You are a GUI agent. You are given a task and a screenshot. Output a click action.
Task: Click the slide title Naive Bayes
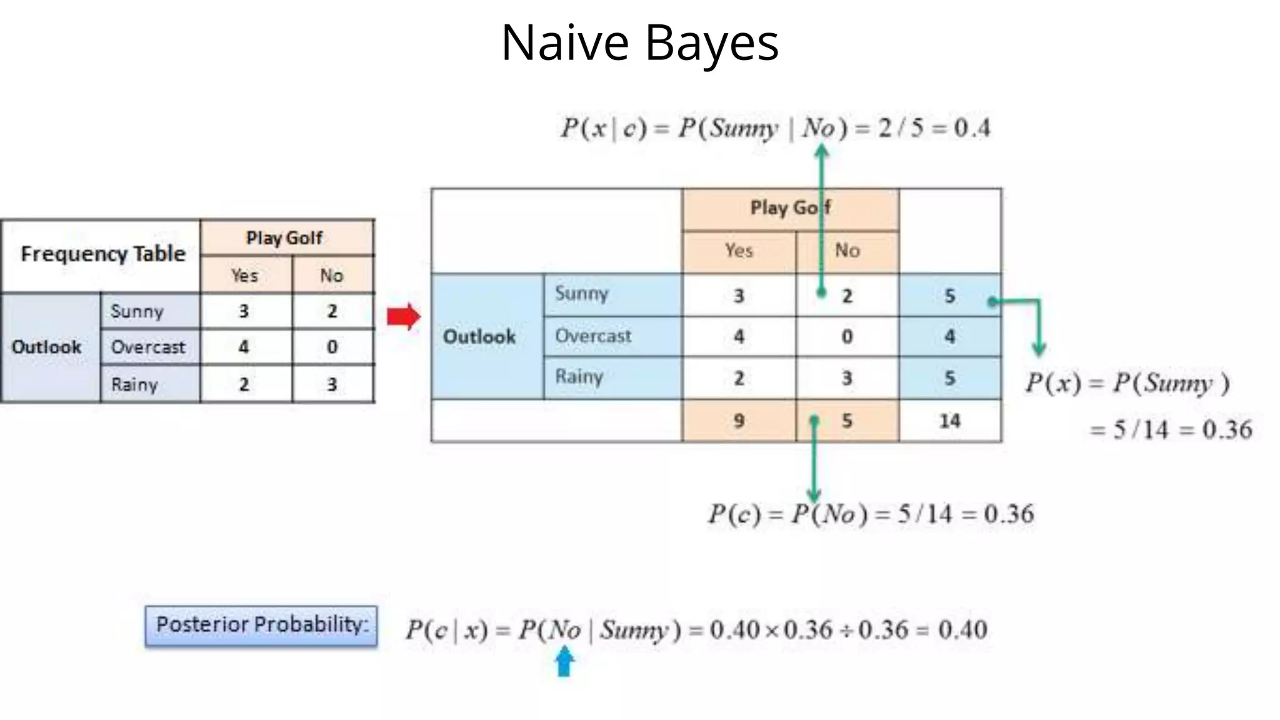coord(639,42)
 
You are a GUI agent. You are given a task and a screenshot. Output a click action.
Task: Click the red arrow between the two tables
coord(403,317)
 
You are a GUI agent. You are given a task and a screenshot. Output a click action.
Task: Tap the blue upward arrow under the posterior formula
coord(564,662)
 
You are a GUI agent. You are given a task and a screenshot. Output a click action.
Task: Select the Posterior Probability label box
coord(261,625)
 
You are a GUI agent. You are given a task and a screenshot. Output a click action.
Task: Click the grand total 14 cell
coord(949,421)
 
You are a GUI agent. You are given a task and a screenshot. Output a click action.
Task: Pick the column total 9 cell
coord(739,421)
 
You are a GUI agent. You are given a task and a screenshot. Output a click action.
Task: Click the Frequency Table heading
coord(103,254)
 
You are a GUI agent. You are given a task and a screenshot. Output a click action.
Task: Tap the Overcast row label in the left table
coord(148,347)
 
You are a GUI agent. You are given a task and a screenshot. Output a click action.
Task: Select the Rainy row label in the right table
coord(579,377)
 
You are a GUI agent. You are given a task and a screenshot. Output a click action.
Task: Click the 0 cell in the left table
coord(332,347)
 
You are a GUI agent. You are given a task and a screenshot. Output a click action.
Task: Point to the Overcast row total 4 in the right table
coord(949,337)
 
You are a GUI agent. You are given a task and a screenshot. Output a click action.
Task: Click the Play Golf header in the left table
coord(284,238)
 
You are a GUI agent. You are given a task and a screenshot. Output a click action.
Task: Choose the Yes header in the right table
coord(739,251)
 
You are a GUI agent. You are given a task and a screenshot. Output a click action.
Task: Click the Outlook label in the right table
coord(479,337)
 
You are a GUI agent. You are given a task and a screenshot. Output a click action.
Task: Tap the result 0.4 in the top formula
coord(972,128)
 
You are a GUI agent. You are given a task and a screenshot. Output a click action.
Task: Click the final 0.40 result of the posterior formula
coord(962,629)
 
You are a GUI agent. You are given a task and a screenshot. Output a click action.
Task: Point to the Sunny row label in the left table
coord(137,311)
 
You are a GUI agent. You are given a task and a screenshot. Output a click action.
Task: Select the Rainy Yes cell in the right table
coord(739,378)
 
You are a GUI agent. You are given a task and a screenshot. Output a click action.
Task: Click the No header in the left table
coord(332,276)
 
